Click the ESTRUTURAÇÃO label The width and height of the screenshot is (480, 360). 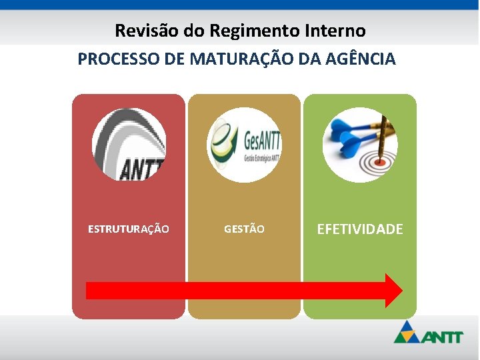point(129,229)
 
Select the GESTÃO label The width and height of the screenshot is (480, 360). point(244,229)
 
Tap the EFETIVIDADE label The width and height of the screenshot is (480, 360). point(360,229)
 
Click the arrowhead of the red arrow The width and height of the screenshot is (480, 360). point(393,290)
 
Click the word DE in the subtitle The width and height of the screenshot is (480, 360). point(175,59)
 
